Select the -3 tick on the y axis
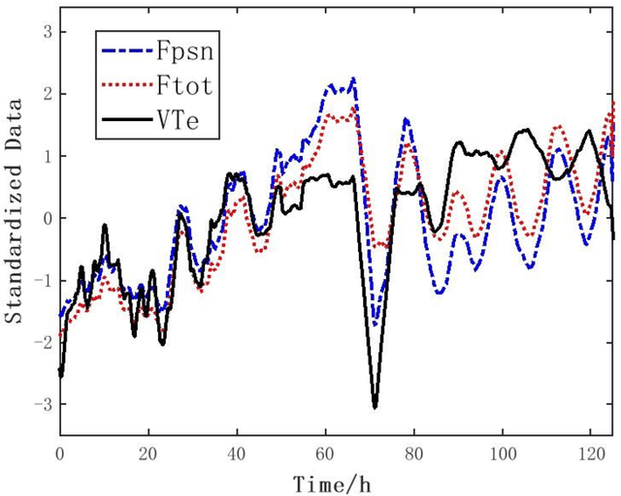tap(39, 404)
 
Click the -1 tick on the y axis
tap(39, 280)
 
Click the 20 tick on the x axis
tap(148, 451)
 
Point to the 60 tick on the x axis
tap(326, 451)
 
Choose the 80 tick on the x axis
tap(414, 451)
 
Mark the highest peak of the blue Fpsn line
tap(353, 78)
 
